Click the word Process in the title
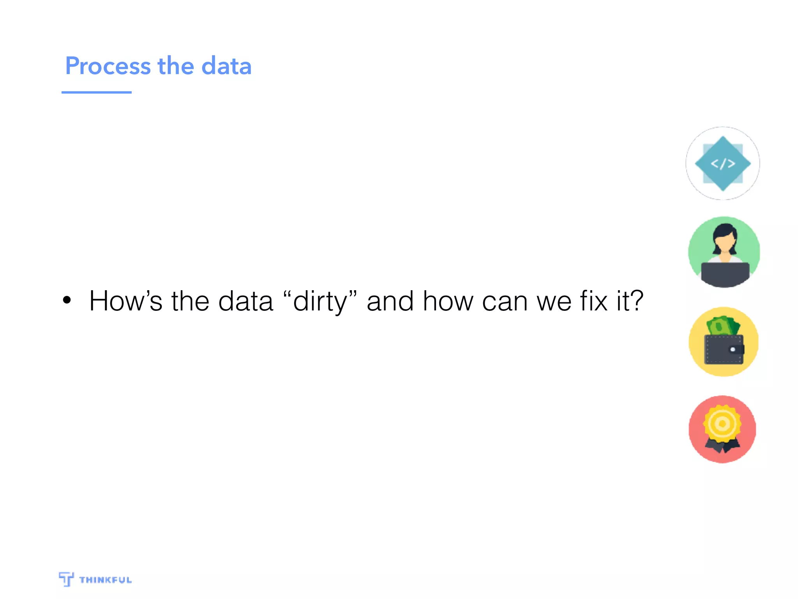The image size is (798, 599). (x=108, y=66)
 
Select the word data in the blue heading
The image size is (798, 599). (x=226, y=66)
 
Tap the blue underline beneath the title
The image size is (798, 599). (x=96, y=92)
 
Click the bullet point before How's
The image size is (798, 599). (x=67, y=300)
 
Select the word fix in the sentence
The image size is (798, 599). (x=593, y=301)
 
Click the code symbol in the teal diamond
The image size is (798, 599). (x=723, y=164)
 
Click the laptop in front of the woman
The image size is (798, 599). (x=725, y=274)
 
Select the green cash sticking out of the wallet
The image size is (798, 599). (x=723, y=326)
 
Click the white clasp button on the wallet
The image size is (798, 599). (x=733, y=349)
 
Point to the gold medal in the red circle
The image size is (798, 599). (x=722, y=424)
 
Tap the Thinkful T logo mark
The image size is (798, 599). (x=66, y=579)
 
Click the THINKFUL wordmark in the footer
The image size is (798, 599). (x=105, y=580)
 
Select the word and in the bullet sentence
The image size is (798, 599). (x=390, y=301)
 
